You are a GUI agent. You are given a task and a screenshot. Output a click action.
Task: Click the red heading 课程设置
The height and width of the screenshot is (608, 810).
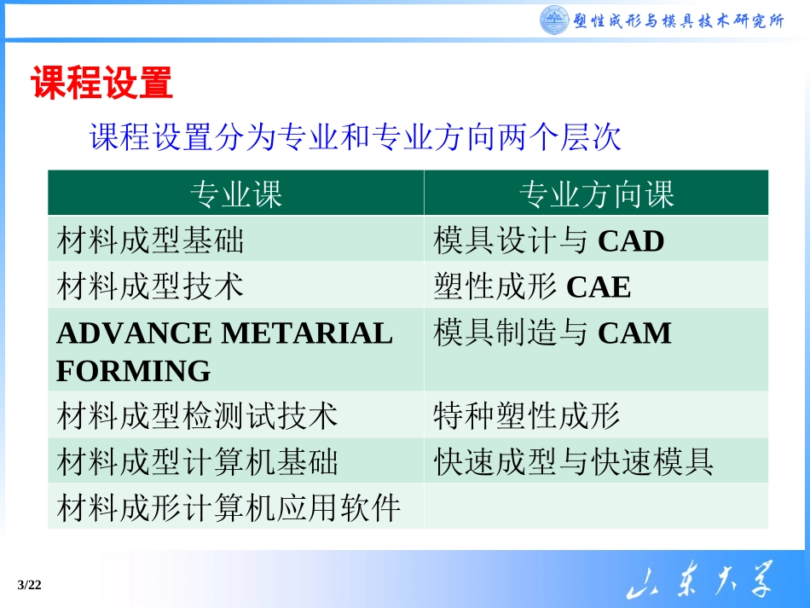tap(101, 84)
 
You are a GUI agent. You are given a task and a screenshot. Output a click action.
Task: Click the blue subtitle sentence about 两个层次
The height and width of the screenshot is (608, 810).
tap(356, 137)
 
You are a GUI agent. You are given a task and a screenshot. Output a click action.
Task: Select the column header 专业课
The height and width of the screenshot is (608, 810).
tap(235, 194)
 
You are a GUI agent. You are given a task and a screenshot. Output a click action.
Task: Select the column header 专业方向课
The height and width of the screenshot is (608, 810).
tap(596, 194)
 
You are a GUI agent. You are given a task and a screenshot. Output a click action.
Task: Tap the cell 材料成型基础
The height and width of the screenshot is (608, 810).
tap(150, 241)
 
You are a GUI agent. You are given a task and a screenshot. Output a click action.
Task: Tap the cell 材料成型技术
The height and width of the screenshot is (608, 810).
tap(150, 286)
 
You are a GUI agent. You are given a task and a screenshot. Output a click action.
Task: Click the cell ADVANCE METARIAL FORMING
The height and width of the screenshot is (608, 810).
tap(224, 351)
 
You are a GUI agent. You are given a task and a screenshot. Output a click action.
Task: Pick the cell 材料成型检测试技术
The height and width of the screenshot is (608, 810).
tap(197, 416)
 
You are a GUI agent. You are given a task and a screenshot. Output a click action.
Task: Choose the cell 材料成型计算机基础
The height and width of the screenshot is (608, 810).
tap(197, 462)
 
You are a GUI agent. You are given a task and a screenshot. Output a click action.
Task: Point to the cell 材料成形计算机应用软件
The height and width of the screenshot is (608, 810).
tap(229, 508)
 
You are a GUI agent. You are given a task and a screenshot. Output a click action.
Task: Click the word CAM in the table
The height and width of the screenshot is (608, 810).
tap(634, 333)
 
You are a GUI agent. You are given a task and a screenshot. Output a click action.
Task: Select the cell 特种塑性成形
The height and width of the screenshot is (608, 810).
tap(526, 416)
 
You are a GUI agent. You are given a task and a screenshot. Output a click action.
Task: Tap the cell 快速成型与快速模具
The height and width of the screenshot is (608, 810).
tap(573, 462)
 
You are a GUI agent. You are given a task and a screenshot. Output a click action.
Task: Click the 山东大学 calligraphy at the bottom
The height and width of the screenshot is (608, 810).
tap(699, 584)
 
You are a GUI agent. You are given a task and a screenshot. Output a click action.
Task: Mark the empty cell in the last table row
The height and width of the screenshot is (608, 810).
tap(595, 508)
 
